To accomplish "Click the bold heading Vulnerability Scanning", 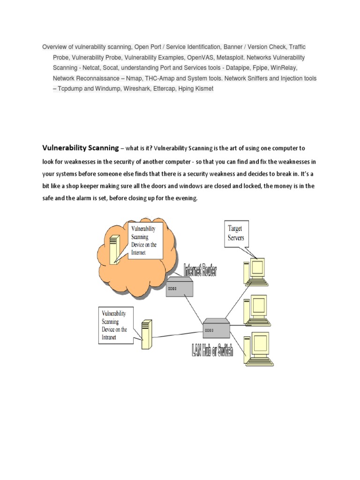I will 81,148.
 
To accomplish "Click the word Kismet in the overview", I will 202,88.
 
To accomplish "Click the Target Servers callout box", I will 239,233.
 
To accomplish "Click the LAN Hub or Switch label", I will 212,349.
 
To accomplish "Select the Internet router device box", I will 179,287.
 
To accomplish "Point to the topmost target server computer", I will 255,270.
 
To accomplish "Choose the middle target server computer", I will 255,309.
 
